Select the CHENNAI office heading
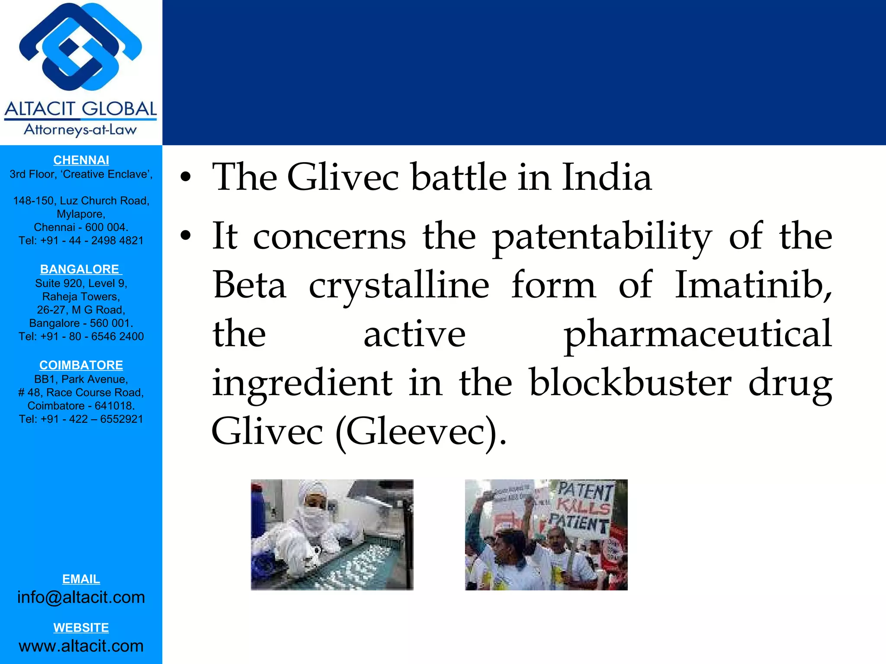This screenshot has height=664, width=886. (81, 160)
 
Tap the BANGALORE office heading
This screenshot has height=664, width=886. (81, 269)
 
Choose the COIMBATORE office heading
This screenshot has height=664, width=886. (81, 365)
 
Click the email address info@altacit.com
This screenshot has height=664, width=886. (81, 597)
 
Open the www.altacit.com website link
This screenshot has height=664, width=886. (81, 645)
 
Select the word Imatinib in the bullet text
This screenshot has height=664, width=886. (753, 285)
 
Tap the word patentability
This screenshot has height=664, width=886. (602, 237)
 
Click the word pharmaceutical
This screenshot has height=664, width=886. (697, 334)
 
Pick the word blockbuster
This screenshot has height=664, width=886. (630, 383)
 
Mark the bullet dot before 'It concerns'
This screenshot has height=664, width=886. (186, 236)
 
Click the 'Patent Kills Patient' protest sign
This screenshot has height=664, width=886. (583, 508)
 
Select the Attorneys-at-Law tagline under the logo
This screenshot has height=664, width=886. (80, 130)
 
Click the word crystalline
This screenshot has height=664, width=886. (399, 285)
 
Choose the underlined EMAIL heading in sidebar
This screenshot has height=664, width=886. (81, 579)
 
